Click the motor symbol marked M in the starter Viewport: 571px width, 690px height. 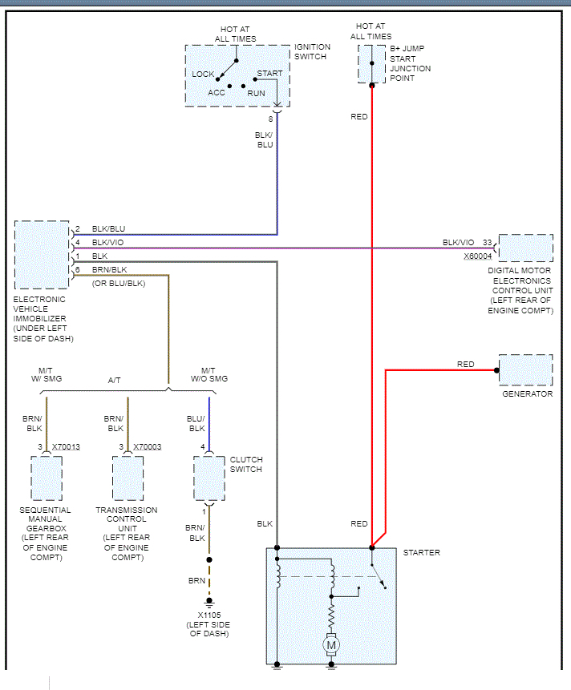[x=330, y=644]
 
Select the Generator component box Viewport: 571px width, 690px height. [x=525, y=369]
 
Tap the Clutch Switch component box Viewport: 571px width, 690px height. [x=209, y=478]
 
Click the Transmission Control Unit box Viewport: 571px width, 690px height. [x=128, y=478]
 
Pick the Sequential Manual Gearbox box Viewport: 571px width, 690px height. [x=46, y=478]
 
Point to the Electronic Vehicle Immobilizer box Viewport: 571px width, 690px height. [x=42, y=255]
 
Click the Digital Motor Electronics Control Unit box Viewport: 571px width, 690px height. [x=525, y=248]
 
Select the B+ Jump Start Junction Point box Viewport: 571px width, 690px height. [x=371, y=63]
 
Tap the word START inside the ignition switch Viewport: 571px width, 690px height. [x=269, y=74]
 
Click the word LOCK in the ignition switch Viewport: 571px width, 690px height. [x=203, y=75]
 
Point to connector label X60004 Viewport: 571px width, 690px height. [x=478, y=256]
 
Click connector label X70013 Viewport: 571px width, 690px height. [x=66, y=446]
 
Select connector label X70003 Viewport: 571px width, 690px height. [x=147, y=446]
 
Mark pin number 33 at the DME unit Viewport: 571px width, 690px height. [x=487, y=242]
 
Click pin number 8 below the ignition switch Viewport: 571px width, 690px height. [x=270, y=119]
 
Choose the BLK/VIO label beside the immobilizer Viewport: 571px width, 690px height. [x=107, y=242]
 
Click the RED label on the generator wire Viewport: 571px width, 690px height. [x=465, y=365]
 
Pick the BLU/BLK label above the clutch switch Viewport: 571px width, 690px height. [x=196, y=423]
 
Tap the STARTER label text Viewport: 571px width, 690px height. [x=421, y=553]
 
